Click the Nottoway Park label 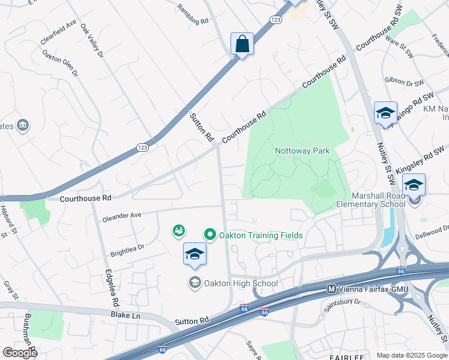(303, 151)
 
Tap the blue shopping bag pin (242, 44)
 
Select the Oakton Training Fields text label (261, 235)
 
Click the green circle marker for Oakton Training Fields (210, 235)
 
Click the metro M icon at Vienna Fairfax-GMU (331, 289)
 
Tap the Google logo (20, 353)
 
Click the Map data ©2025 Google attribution (412, 355)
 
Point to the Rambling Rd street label (192, 14)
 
